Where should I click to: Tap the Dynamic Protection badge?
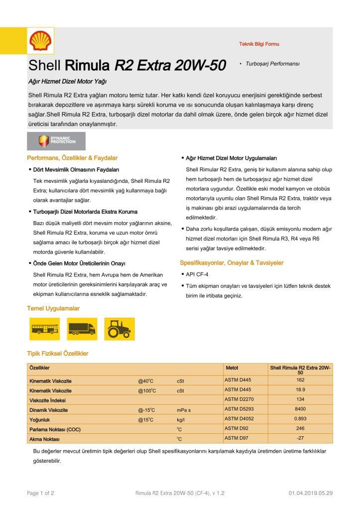pos(56,141)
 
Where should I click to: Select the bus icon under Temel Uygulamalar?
pos(45,328)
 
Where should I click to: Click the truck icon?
pos(82,328)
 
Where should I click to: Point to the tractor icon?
pos(118,328)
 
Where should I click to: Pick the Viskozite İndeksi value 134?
pos(300,399)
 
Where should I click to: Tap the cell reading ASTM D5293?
pos(239,409)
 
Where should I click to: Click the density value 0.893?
pos(300,419)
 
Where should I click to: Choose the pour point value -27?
pos(300,438)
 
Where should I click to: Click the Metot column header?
pos(232,368)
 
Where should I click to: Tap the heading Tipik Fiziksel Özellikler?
pos(57,353)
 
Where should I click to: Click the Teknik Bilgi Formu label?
pos(259,44)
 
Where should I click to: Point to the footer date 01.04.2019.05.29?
pos(311,493)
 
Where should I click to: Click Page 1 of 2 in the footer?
pos(40,493)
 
